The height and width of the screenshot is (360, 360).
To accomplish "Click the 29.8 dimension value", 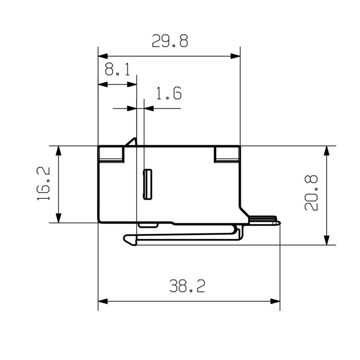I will pyautogui.click(x=170, y=41).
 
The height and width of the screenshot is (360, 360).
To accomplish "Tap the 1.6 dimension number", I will pyautogui.click(x=169, y=94).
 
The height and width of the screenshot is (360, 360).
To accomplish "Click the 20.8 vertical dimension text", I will pyautogui.click(x=311, y=193).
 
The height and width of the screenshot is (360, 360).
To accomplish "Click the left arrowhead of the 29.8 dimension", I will pyautogui.click(x=103, y=56).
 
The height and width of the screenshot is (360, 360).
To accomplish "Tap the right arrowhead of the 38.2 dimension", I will pyautogui.click(x=275, y=301).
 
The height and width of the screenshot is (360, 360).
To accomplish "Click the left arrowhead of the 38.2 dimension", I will pyautogui.click(x=103, y=301).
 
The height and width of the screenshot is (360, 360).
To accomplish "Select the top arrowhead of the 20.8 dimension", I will pyautogui.click(x=328, y=151).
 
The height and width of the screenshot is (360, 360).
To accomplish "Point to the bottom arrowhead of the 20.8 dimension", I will pyautogui.click(x=328, y=240).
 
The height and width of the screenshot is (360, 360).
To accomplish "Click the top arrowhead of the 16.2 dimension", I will pyautogui.click(x=58, y=151).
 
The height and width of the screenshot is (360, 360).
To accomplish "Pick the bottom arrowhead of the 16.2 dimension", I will pyautogui.click(x=58, y=217).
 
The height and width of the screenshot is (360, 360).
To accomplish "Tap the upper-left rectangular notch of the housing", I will pyautogui.click(x=111, y=155).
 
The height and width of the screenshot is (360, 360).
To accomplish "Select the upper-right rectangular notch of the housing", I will pyautogui.click(x=226, y=155).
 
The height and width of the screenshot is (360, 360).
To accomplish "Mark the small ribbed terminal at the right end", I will pyautogui.click(x=263, y=220).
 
